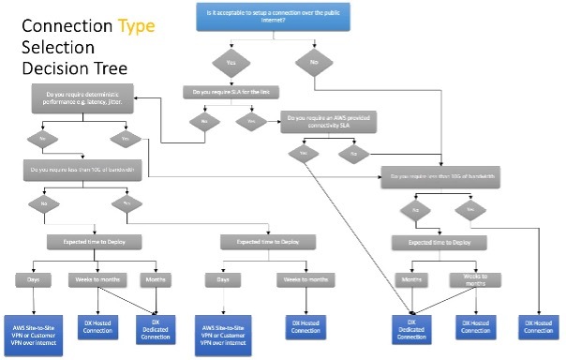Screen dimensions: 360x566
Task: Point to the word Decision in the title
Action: (52, 68)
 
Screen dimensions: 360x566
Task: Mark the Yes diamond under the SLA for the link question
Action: (251, 122)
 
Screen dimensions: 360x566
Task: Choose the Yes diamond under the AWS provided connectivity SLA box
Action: (303, 152)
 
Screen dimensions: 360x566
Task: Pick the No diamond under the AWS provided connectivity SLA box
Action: (352, 152)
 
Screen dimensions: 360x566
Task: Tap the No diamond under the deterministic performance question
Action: (41, 139)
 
